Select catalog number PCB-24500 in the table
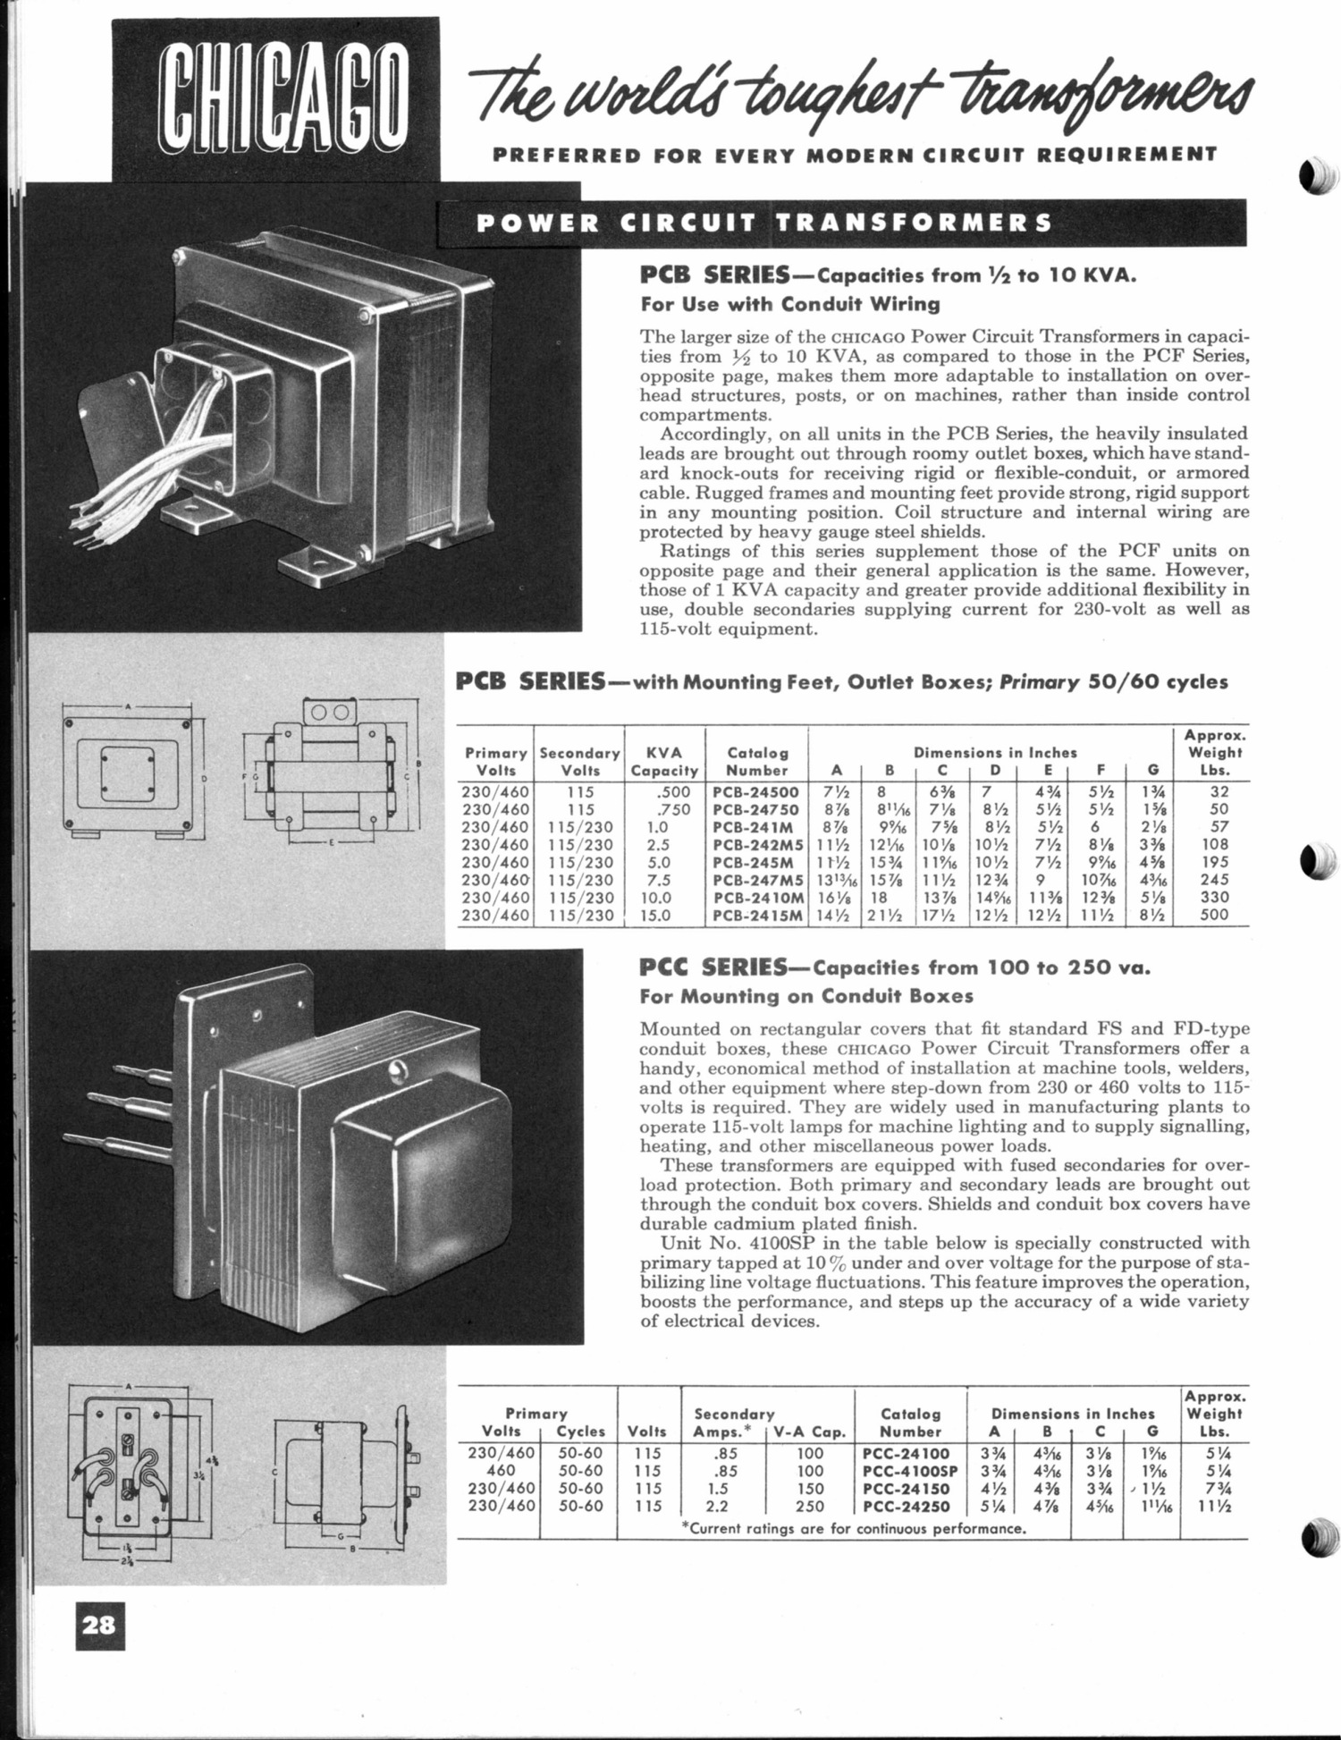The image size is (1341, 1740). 755,791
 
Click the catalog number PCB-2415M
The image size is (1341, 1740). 759,915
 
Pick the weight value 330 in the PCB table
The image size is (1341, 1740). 1214,897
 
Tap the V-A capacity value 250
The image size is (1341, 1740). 809,1506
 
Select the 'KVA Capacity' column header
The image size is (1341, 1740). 664,762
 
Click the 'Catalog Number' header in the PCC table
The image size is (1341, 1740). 910,1423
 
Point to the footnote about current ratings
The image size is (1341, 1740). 853,1528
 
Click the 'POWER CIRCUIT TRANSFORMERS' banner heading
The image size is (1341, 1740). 764,223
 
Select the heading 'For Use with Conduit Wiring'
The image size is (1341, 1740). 790,304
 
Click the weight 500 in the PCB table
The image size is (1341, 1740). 1214,915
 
